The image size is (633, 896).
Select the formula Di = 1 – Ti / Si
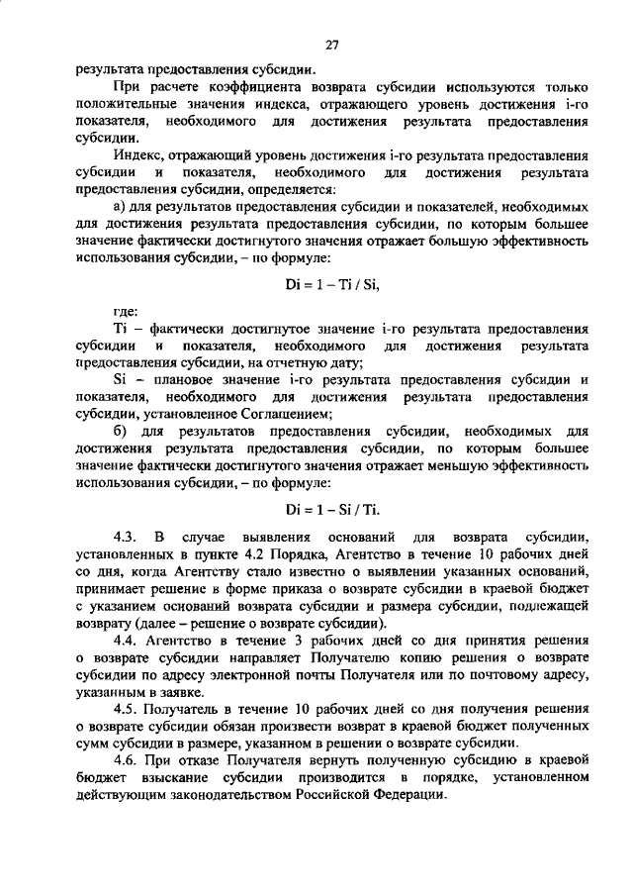(331, 283)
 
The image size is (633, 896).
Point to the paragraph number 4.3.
(126, 536)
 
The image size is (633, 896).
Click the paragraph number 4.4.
(126, 640)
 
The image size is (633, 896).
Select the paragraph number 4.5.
(126, 709)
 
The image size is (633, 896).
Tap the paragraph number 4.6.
(126, 760)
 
